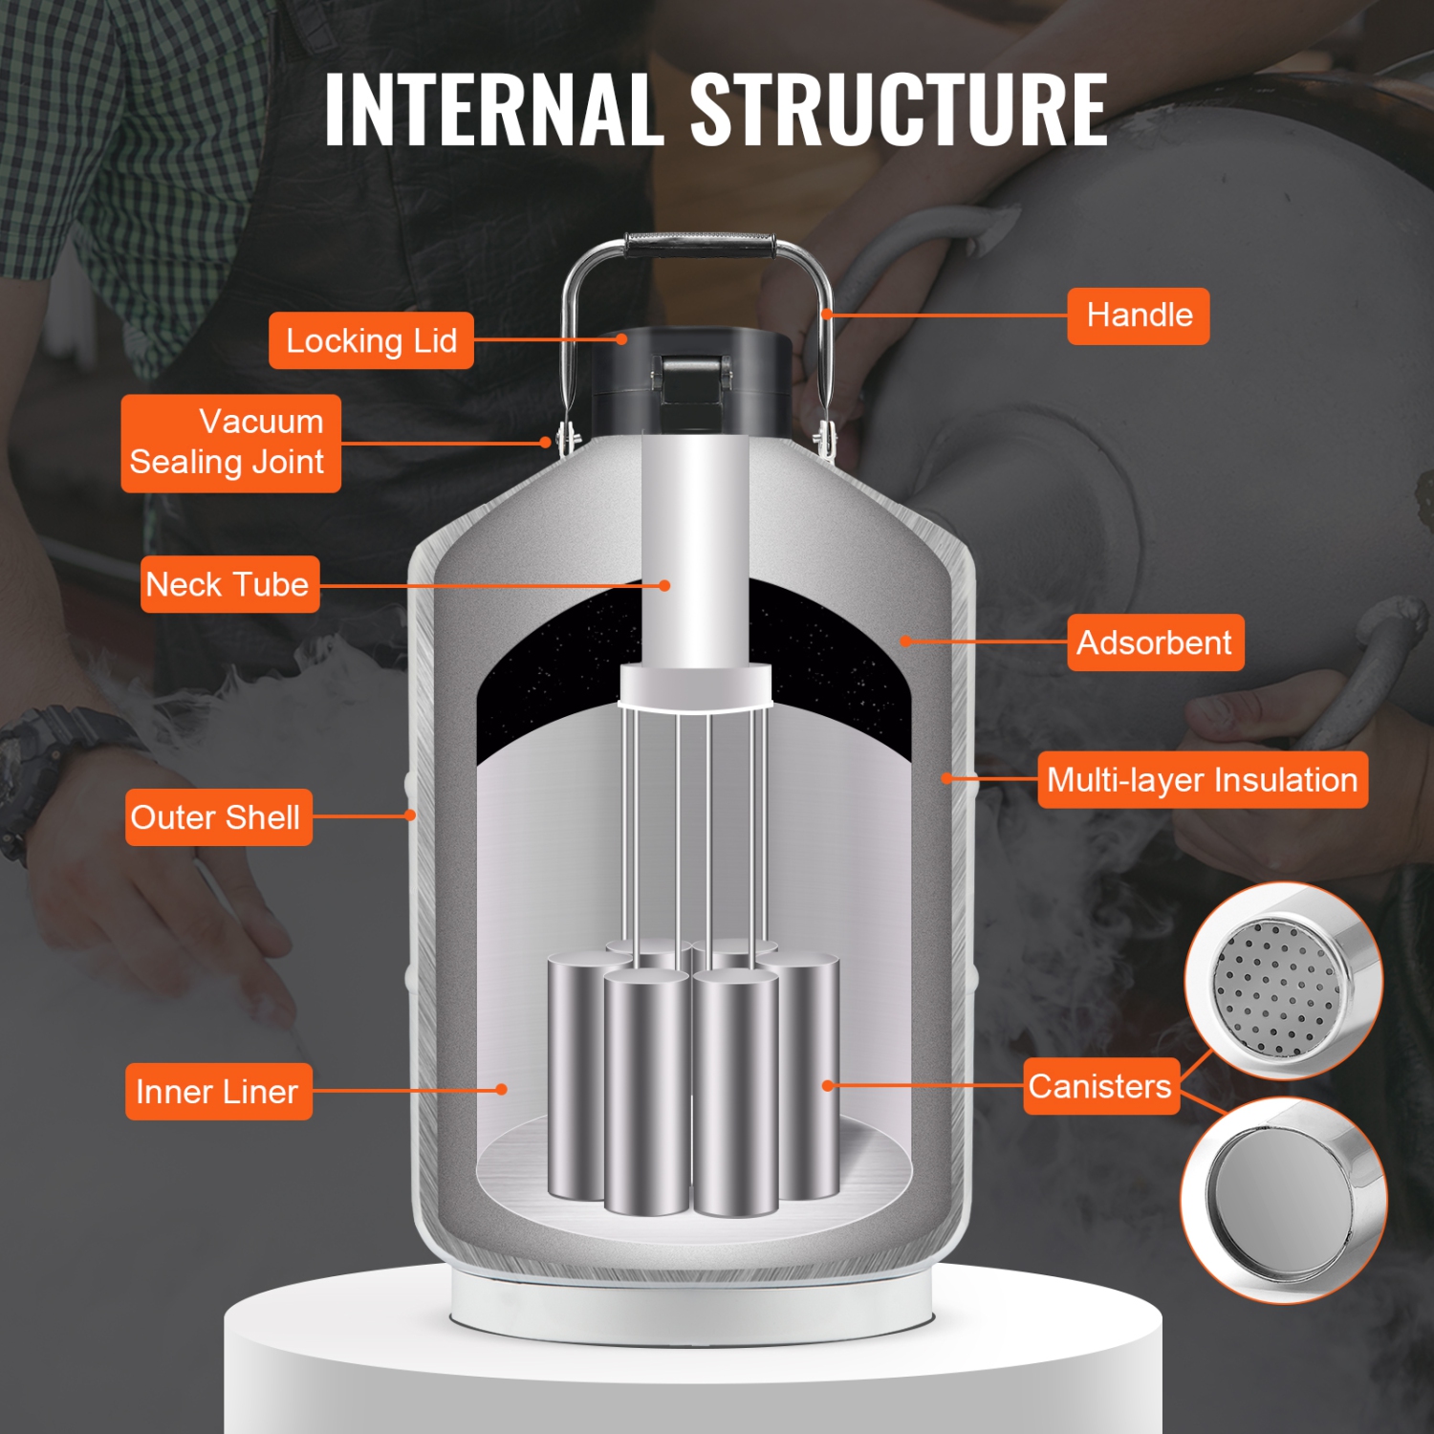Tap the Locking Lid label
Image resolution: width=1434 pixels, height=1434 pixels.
pos(371,340)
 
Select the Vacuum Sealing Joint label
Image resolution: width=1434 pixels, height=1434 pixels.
pos(230,443)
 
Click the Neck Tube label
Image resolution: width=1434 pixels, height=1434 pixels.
pos(229,584)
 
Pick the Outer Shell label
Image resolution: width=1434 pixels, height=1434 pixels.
pos(218,817)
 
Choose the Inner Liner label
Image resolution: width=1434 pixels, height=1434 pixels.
pos(218,1091)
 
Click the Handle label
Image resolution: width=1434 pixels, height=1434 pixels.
pos(1138,315)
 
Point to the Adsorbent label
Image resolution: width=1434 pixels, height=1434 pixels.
pos(1155,642)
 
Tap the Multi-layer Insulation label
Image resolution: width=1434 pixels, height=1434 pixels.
pos(1202,780)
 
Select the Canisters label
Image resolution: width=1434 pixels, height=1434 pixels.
pos(1100,1086)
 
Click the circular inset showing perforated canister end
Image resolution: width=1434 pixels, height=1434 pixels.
pos(1283,982)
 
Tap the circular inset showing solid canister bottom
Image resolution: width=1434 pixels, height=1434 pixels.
pos(1283,1200)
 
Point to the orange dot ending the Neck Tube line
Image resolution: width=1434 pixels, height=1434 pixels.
pos(664,585)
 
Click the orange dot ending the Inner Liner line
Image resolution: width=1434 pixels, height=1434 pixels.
pos(501,1089)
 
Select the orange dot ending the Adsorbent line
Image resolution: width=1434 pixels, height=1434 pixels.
pos(904,641)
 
